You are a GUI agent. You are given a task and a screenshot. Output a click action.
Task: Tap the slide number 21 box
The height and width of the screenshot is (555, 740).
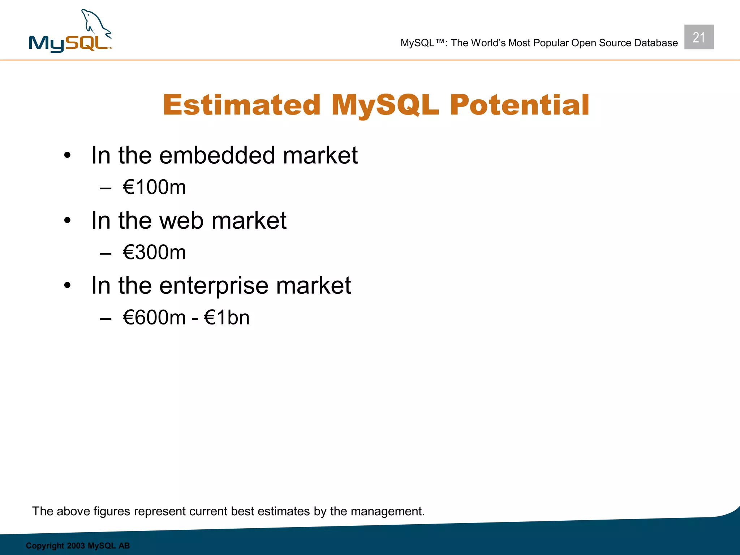click(698, 37)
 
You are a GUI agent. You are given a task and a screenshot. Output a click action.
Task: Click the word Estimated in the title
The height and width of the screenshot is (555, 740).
click(242, 105)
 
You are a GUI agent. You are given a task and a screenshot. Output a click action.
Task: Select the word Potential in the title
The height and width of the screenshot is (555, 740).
click(519, 105)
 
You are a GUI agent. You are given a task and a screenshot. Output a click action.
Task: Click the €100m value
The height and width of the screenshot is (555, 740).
click(154, 187)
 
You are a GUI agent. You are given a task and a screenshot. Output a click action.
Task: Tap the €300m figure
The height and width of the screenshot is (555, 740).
click(154, 252)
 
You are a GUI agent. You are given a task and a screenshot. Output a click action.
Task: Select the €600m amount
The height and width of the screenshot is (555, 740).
click(154, 318)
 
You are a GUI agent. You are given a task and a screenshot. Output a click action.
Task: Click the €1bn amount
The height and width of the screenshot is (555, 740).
click(227, 318)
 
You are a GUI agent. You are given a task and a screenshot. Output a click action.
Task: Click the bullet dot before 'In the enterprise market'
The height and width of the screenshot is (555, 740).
click(67, 286)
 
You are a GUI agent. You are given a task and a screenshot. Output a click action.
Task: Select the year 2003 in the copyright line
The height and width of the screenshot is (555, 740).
click(76, 546)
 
